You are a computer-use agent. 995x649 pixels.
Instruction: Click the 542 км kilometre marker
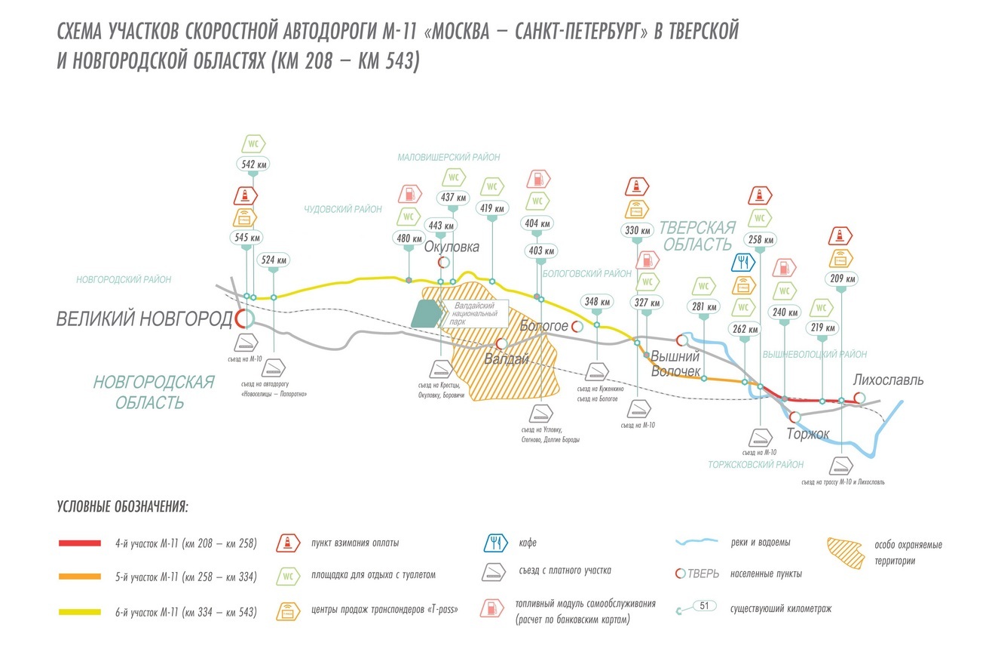(x=253, y=164)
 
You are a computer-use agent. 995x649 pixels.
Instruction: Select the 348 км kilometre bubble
(x=597, y=302)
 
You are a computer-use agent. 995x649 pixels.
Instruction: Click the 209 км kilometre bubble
(x=841, y=278)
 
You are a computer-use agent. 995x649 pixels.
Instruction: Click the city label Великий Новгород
(x=145, y=319)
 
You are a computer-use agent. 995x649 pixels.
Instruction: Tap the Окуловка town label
(x=452, y=247)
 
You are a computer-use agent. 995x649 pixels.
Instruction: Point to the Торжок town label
(x=808, y=434)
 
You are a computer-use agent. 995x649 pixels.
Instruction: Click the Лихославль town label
(x=889, y=380)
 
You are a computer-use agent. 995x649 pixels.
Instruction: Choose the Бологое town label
(x=544, y=326)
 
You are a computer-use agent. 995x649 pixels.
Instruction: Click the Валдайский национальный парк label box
(x=475, y=313)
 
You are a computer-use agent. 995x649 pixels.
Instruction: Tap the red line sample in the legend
(x=79, y=543)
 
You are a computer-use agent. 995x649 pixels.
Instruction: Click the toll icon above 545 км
(x=246, y=196)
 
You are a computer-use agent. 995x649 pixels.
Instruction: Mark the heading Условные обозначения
(x=123, y=506)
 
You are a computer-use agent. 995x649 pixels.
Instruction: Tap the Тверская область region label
(x=696, y=235)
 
